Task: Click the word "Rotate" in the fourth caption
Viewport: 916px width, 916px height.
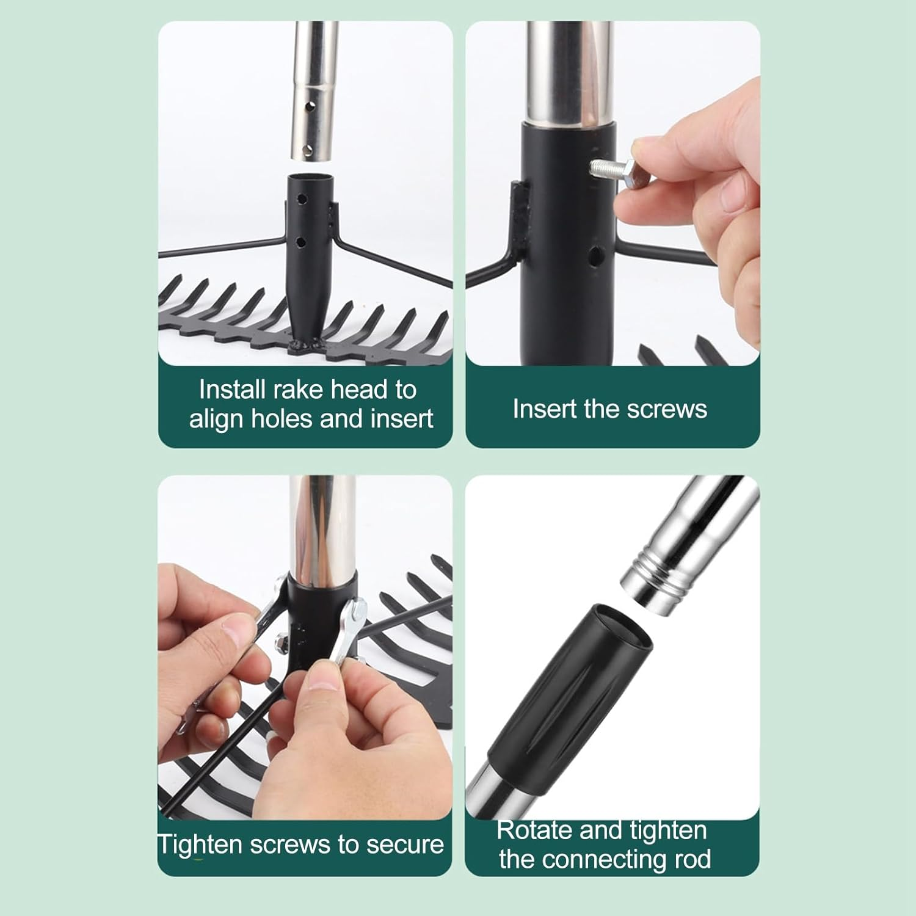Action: [534, 831]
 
